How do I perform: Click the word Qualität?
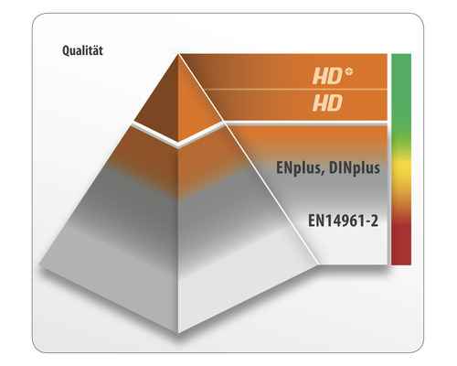tap(88, 51)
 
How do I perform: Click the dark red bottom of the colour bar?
tap(400, 249)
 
